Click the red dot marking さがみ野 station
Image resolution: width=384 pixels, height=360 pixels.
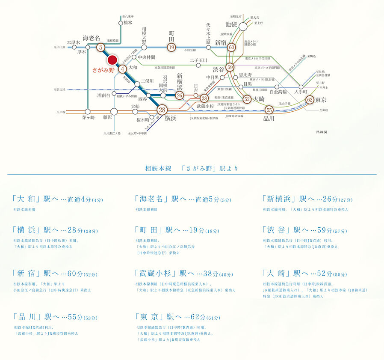[112, 60]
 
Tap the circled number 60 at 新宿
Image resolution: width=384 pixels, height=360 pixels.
[232, 48]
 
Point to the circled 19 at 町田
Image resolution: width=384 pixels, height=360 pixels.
[171, 48]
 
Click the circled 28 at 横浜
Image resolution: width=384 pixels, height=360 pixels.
[162, 110]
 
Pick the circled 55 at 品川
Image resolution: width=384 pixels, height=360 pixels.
[269, 110]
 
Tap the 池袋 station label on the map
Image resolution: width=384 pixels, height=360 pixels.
[231, 25]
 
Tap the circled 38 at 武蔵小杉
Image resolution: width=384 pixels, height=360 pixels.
[204, 99]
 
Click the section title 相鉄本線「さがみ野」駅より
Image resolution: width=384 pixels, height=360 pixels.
[192, 168]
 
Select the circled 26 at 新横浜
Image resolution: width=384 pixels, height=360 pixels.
[180, 95]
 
